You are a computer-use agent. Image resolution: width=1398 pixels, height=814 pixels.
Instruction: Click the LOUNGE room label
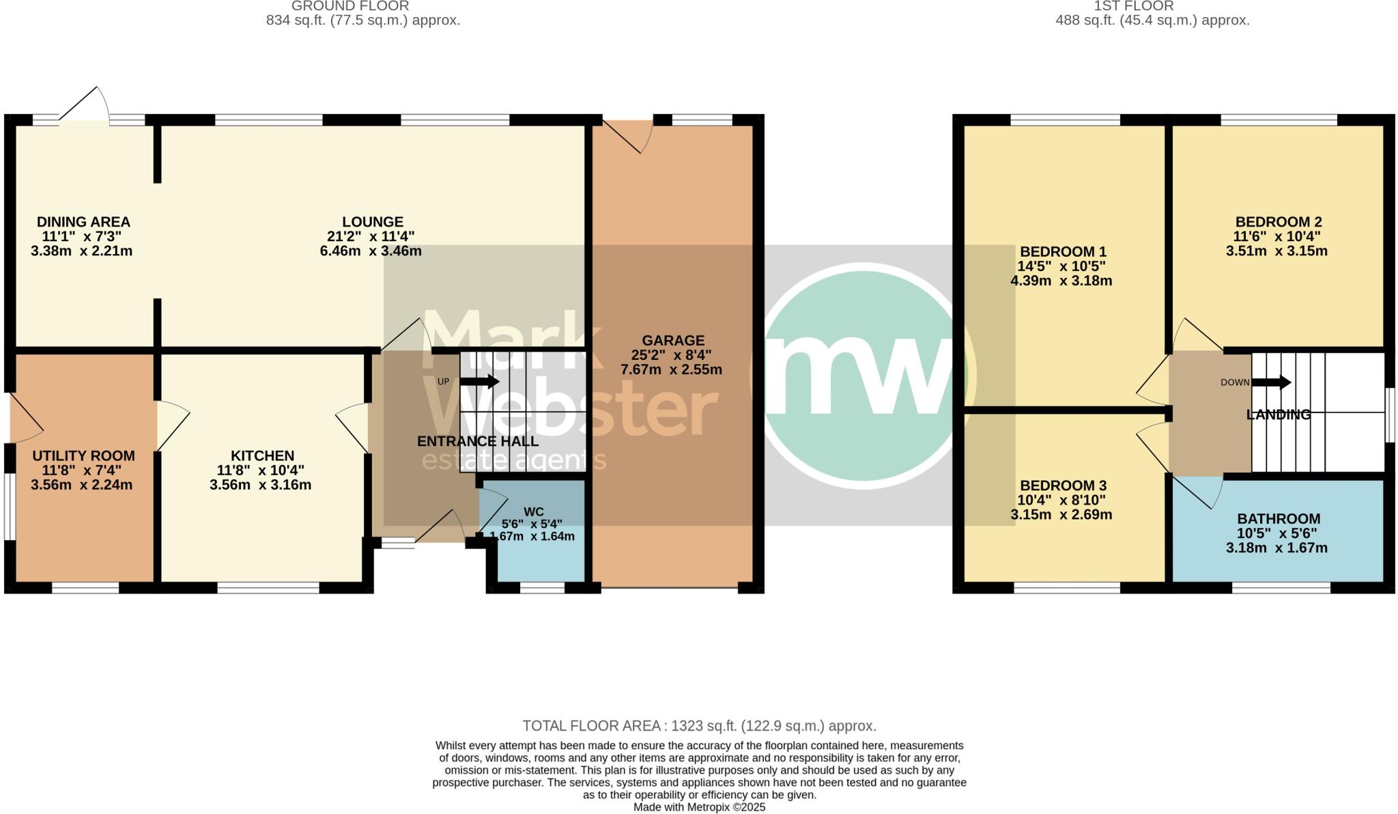point(372,222)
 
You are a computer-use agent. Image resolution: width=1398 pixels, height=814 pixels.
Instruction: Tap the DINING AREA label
point(83,222)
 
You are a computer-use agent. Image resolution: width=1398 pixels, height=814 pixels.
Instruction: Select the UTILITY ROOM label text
point(83,455)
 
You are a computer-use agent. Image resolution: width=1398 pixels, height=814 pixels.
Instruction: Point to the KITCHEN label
point(262,455)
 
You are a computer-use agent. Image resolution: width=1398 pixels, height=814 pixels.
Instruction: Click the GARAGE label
point(672,340)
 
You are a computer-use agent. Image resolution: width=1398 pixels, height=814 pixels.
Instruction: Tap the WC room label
point(533,511)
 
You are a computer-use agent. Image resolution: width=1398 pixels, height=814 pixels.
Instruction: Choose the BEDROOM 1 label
point(1063,251)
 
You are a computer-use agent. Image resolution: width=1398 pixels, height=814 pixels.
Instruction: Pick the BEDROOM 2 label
point(1278,222)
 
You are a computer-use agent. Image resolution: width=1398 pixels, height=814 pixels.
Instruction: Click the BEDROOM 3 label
point(1063,486)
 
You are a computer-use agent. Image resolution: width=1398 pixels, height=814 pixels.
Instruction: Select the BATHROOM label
point(1278,519)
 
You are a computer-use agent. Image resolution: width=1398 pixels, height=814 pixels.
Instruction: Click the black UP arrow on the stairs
point(480,381)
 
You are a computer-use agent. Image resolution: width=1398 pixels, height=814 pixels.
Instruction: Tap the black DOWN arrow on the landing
point(1271,382)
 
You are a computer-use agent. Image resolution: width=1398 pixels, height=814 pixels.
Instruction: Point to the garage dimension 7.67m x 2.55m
point(671,370)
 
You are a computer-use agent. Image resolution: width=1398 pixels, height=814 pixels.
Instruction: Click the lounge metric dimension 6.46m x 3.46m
point(371,251)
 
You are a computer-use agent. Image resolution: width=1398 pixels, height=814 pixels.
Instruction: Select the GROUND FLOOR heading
point(350,6)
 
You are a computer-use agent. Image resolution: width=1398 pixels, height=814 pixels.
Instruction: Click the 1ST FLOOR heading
point(1152,6)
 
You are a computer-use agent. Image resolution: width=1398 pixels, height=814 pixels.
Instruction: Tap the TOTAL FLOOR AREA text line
point(699,726)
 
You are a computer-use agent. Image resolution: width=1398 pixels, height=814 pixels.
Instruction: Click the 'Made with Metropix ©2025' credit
point(699,807)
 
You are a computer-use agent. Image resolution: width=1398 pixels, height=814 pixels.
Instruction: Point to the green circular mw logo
point(863,376)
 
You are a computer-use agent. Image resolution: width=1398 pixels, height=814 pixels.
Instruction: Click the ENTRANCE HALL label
point(477,441)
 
